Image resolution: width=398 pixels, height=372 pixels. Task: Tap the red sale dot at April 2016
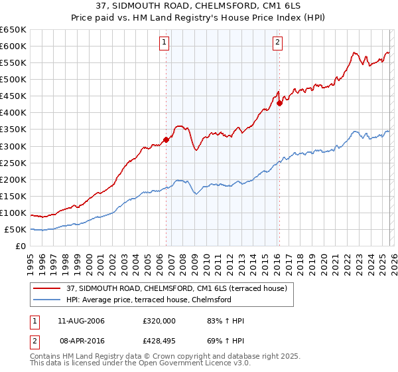point(280,103)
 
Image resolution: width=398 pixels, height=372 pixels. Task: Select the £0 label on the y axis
point(20,246)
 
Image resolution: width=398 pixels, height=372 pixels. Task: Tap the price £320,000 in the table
point(159,321)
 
